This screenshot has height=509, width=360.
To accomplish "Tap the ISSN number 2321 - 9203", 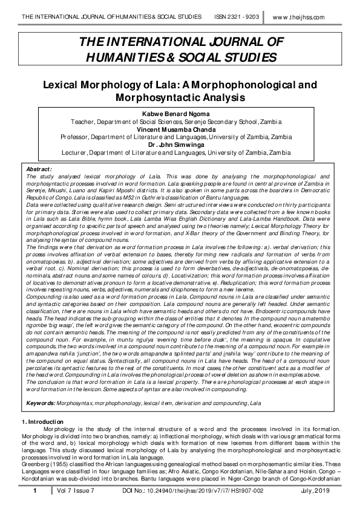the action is coord(237,17).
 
